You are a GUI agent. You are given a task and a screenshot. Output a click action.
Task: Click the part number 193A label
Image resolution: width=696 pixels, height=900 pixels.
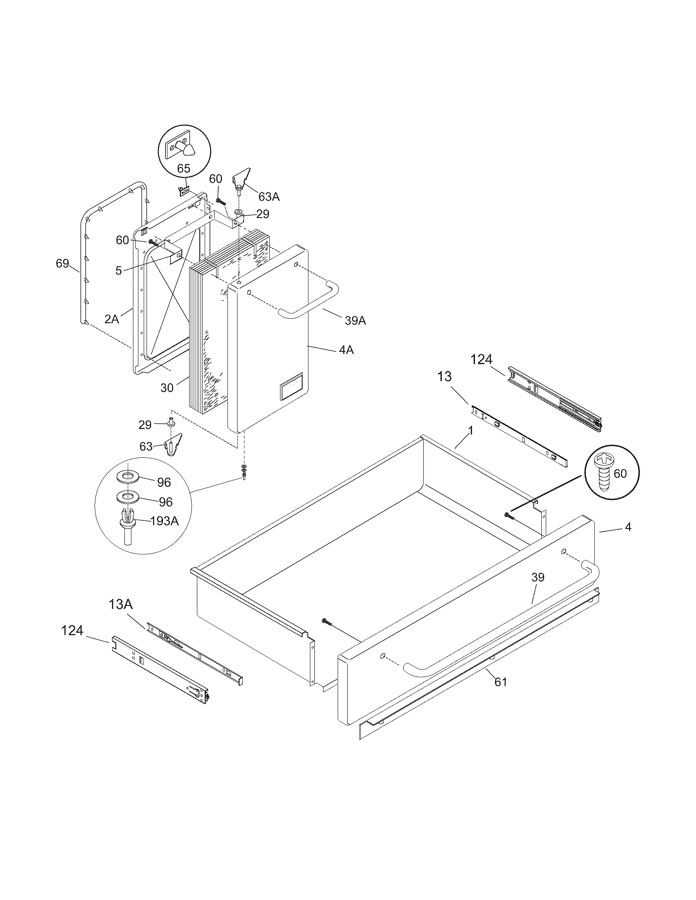tap(165, 521)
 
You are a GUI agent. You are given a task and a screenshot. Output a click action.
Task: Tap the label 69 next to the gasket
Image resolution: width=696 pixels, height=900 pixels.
tap(62, 263)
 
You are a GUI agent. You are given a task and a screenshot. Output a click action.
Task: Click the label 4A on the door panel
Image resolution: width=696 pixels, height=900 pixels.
tap(346, 350)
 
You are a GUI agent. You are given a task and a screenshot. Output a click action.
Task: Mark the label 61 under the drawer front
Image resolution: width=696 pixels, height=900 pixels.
tap(501, 682)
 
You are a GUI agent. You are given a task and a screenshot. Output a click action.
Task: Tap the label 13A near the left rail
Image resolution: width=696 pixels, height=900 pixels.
tap(120, 605)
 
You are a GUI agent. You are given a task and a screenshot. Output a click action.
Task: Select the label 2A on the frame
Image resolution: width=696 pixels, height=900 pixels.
tap(111, 319)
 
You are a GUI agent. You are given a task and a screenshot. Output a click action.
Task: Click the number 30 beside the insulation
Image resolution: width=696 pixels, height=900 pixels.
tap(167, 388)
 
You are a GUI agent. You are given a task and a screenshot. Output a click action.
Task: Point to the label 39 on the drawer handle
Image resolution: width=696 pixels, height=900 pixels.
tap(538, 577)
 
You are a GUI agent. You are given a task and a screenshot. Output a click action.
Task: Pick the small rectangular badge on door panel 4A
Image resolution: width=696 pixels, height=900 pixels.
tap(291, 386)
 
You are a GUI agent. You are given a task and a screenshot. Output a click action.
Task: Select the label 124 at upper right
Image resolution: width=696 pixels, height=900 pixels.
tap(481, 360)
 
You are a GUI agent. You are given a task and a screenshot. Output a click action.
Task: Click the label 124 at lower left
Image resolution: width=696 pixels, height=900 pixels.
tap(72, 630)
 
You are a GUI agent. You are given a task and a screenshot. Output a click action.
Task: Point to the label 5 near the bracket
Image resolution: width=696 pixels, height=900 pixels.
tap(118, 270)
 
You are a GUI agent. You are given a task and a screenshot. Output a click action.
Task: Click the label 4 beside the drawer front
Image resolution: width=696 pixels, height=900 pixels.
tap(628, 526)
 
